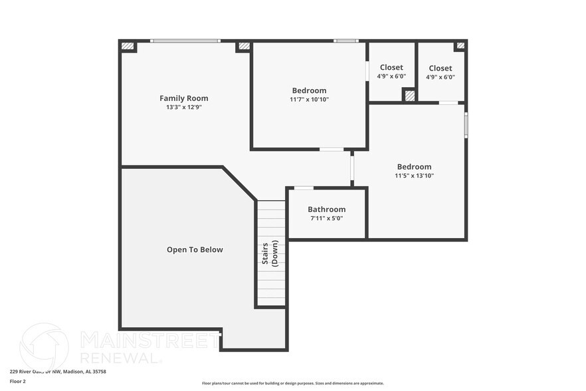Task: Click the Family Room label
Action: click(x=183, y=98)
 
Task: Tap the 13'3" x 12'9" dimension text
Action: click(x=183, y=107)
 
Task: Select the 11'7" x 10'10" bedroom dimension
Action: click(x=309, y=99)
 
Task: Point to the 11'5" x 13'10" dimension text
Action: click(x=414, y=176)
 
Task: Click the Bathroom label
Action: click(x=326, y=209)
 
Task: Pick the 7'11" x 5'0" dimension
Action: click(x=326, y=218)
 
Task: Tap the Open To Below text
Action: click(x=195, y=250)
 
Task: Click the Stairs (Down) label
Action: click(x=270, y=255)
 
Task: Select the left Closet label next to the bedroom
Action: click(x=391, y=68)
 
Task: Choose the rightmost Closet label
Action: click(x=440, y=68)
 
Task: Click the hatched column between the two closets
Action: click(x=410, y=96)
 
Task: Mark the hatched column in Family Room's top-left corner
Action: click(x=127, y=47)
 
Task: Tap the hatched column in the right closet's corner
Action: click(x=459, y=46)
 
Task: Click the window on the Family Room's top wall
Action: click(x=185, y=41)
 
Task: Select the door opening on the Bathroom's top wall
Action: click(x=304, y=188)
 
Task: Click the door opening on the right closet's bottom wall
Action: click(x=448, y=103)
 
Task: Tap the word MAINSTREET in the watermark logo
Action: click(x=149, y=340)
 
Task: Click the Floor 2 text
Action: click(x=17, y=382)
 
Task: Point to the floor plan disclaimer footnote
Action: click(x=292, y=383)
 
